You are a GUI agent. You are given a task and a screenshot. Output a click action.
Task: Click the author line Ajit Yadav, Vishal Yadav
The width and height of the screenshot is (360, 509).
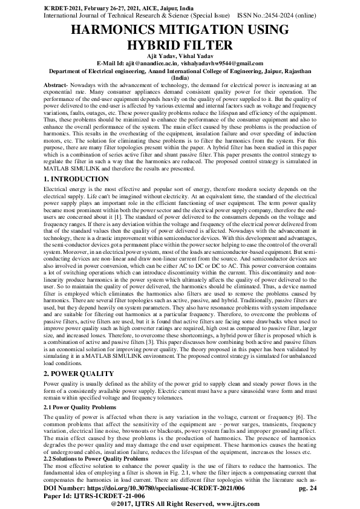point(179,56)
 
